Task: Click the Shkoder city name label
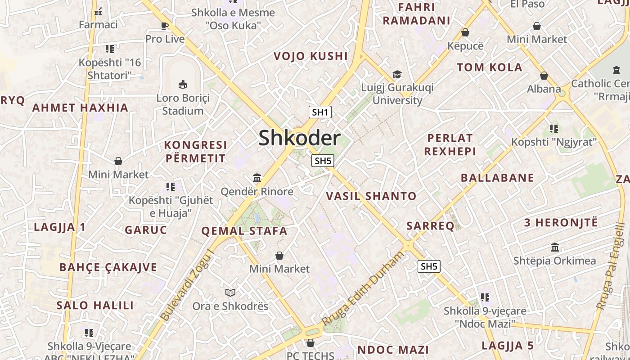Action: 299,138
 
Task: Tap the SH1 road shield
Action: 320,112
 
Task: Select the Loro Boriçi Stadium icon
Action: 183,84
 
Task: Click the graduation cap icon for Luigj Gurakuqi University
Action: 397,74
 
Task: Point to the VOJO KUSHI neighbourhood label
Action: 311,56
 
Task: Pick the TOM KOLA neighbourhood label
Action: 490,67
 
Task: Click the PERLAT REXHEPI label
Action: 450,144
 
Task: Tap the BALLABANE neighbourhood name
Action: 497,178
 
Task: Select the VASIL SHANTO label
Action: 371,196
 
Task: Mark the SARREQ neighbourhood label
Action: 430,226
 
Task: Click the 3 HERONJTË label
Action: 561,222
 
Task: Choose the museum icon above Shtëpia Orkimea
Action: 555,247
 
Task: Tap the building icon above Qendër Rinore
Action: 257,178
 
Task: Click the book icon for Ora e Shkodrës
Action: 230,293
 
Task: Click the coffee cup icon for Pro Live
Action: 165,26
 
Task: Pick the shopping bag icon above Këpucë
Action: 465,32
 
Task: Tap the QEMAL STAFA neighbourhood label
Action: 244,231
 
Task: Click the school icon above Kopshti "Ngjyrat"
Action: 553,129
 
